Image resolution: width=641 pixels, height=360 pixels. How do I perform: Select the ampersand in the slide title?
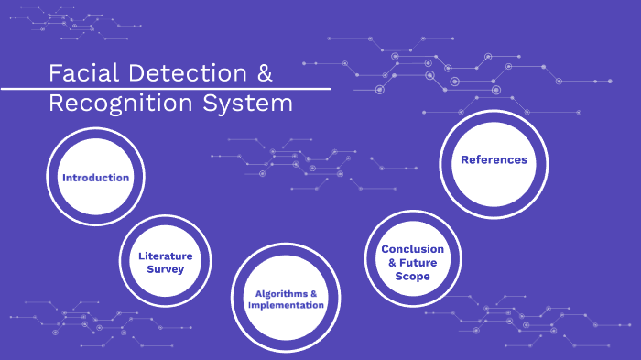262,73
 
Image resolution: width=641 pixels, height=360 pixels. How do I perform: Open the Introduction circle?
95,177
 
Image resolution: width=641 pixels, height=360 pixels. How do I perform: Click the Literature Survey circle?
161,262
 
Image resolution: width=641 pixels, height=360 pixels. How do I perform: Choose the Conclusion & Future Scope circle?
412,262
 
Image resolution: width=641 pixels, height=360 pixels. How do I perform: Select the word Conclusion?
412,249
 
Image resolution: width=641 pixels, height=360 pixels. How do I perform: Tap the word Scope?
413,276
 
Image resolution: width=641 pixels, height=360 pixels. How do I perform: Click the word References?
494,159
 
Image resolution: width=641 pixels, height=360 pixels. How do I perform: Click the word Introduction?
95,177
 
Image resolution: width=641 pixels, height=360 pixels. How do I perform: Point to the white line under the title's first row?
165,89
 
